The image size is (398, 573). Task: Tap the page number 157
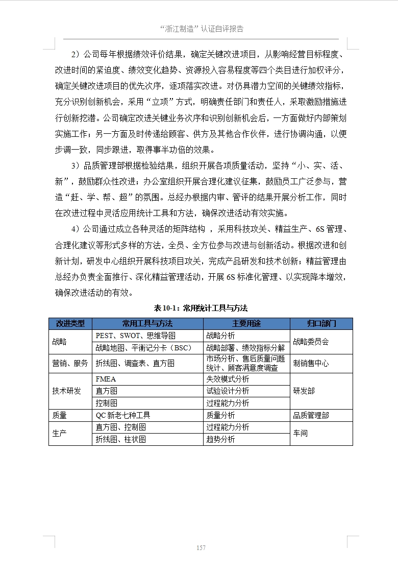(x=201, y=547)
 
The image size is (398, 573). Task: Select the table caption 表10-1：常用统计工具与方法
(x=201, y=308)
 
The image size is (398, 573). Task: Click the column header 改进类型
(x=70, y=324)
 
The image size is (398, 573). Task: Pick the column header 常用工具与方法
(x=147, y=324)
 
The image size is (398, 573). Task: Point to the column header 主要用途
(x=246, y=324)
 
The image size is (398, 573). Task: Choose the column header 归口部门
(x=321, y=324)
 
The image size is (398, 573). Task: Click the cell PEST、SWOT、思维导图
(x=136, y=336)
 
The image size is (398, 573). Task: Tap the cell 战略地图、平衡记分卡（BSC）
(x=143, y=348)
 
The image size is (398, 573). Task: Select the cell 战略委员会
(x=311, y=342)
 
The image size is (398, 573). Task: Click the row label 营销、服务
(x=70, y=363)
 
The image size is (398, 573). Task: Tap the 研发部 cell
(x=304, y=391)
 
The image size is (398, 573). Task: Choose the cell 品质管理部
(x=311, y=415)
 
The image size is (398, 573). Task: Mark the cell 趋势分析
(x=220, y=439)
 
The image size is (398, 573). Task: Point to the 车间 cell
(x=301, y=433)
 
